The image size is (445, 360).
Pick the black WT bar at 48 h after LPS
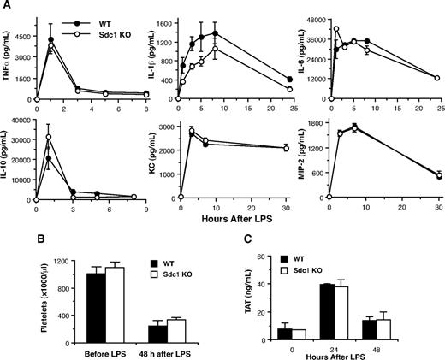click(157, 332)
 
